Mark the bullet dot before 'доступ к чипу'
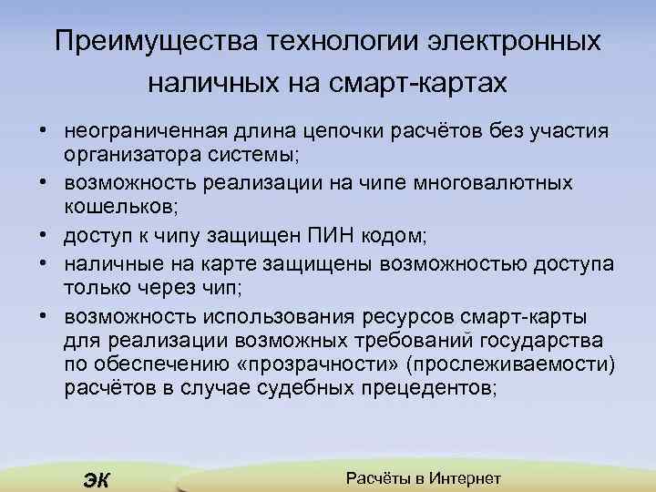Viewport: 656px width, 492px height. point(45,237)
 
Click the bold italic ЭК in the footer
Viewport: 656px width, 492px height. point(95,479)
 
